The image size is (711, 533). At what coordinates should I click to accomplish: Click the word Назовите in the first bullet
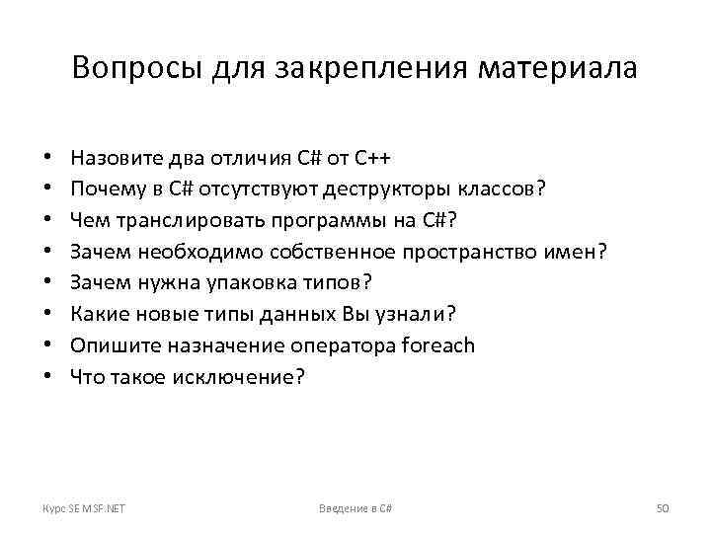117,157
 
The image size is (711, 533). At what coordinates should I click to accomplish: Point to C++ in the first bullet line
374,157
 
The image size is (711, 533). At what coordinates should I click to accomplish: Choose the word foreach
439,345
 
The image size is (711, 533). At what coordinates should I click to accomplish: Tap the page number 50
664,507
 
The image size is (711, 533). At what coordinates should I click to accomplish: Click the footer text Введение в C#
355,507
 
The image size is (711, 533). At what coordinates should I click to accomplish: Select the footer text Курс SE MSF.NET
90,507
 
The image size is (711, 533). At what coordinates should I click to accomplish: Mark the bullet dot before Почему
47,189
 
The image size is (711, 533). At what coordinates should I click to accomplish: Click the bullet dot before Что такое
47,377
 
